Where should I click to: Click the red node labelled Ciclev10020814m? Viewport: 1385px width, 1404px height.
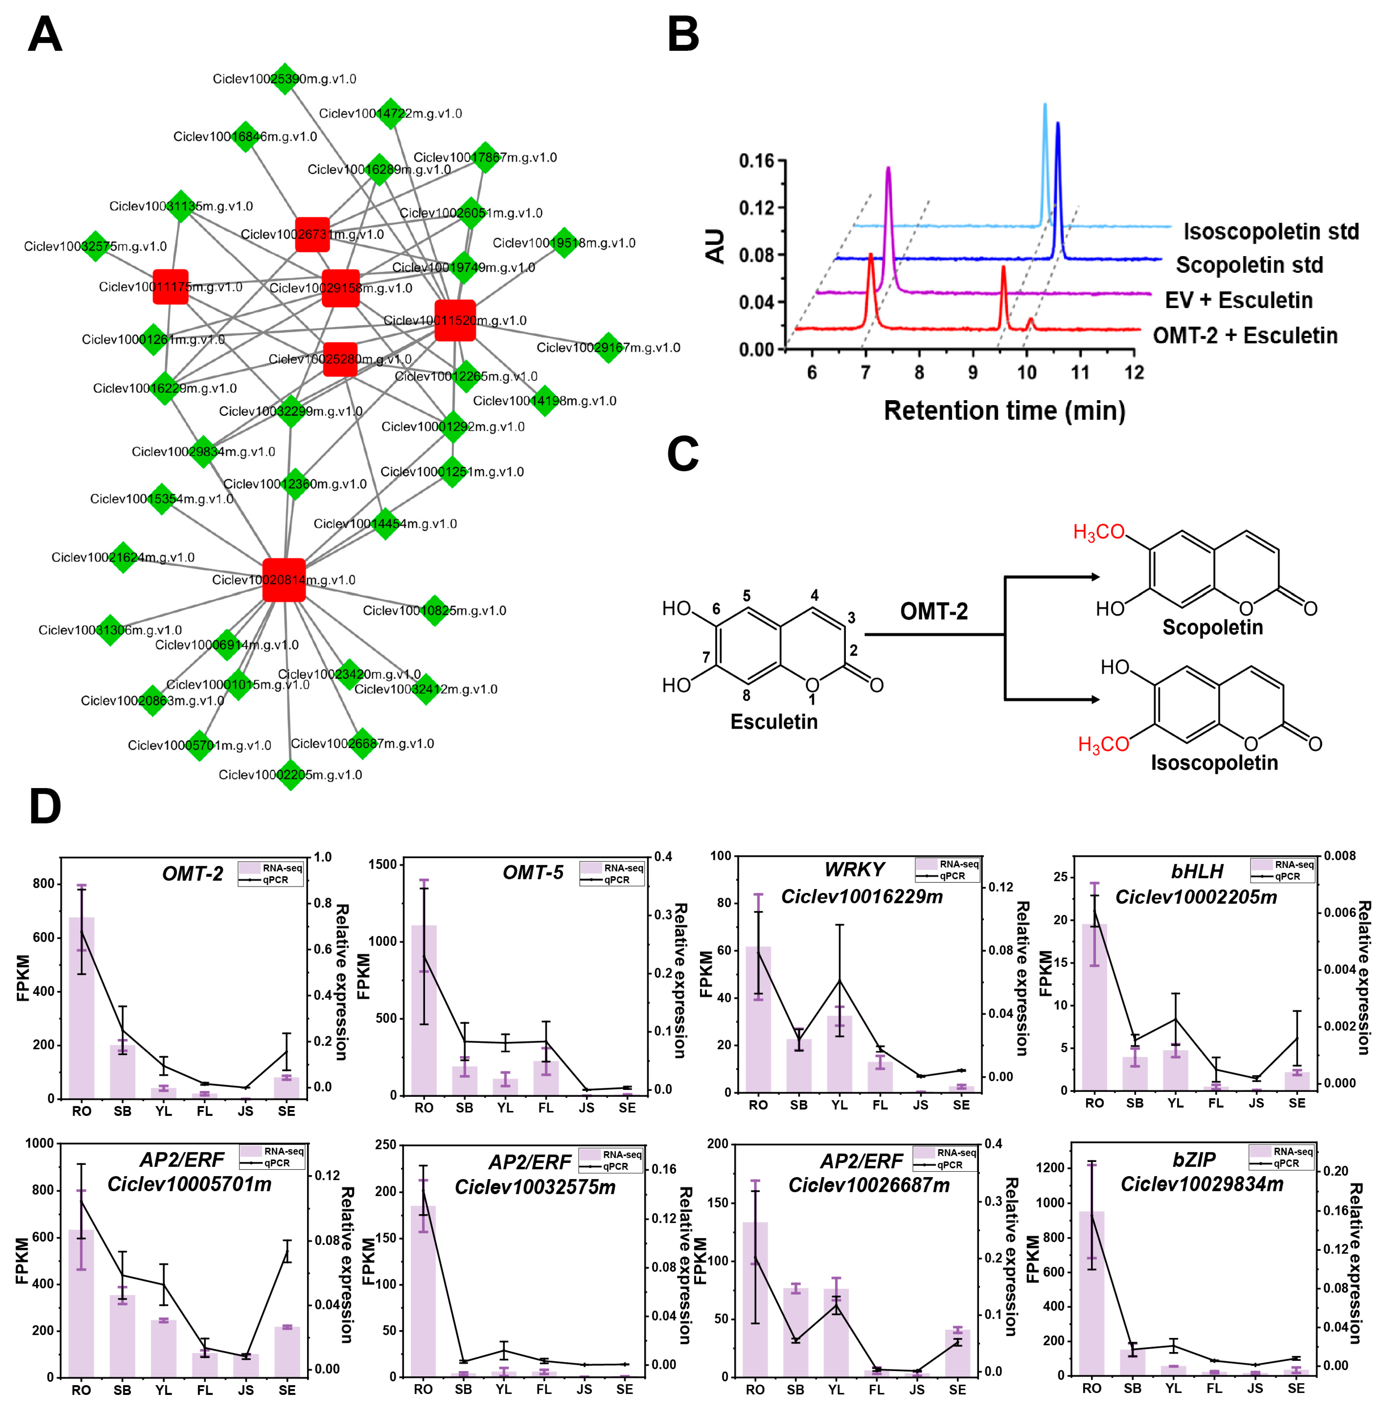click(x=283, y=580)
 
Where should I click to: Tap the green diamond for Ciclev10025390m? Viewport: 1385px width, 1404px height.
click(x=284, y=79)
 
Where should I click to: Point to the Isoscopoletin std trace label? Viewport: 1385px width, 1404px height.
click(x=1270, y=232)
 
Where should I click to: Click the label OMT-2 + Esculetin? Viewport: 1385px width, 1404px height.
click(x=1245, y=336)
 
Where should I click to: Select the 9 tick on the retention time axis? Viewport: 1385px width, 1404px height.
click(x=972, y=373)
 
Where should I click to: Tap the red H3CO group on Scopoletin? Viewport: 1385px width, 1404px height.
click(x=1098, y=533)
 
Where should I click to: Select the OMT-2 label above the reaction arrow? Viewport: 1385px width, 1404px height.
click(x=934, y=611)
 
